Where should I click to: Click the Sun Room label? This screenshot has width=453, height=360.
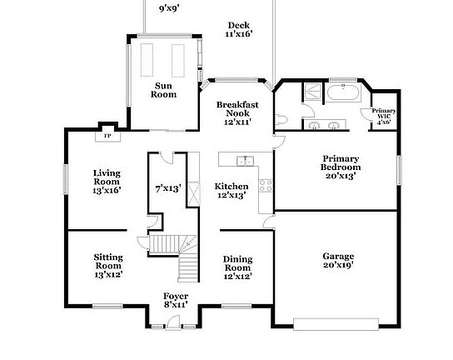(163, 89)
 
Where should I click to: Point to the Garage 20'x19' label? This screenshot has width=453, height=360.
(338, 260)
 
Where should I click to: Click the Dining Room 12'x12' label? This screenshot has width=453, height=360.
(237, 267)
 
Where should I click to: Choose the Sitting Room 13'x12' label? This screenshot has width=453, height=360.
(107, 267)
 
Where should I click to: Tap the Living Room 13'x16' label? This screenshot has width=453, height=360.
(107, 181)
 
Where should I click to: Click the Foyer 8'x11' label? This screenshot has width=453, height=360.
(175, 300)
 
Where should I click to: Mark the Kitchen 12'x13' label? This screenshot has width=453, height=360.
(231, 190)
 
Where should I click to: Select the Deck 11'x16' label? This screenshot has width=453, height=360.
(239, 30)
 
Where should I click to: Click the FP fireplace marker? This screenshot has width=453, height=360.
(106, 137)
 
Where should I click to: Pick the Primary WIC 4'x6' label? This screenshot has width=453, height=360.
(384, 116)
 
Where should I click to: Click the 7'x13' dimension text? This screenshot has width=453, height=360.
(168, 188)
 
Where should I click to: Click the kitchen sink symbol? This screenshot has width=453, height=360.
(243, 161)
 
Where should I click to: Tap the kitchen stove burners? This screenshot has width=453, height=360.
(266, 185)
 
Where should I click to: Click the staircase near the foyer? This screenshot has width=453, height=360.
(181, 254)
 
